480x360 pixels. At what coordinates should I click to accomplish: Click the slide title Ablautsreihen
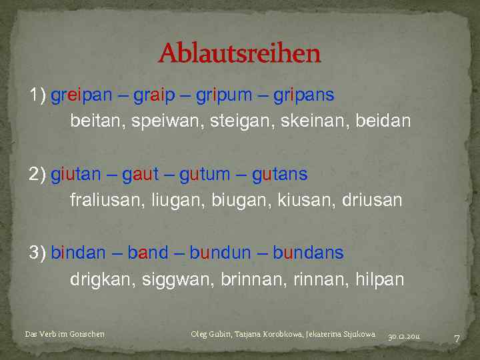239,53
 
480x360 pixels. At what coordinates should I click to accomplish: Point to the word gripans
303,95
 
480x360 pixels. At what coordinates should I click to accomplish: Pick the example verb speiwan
161,122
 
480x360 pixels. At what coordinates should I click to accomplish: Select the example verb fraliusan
105,201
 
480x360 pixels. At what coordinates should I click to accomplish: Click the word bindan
78,253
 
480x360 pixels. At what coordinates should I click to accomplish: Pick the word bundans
308,253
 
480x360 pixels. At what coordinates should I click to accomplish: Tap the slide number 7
457,339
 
